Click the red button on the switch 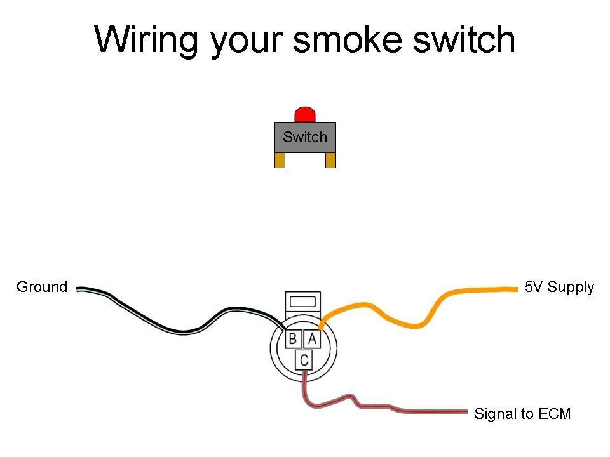(x=305, y=115)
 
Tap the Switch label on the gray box (x=305, y=137)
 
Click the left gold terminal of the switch (x=280, y=161)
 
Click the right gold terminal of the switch (x=330, y=161)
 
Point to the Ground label (x=42, y=287)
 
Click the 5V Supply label (x=559, y=287)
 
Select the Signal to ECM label (x=522, y=414)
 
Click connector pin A (x=312, y=339)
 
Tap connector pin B (x=292, y=339)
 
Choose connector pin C (x=305, y=361)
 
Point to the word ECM (x=554, y=414)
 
